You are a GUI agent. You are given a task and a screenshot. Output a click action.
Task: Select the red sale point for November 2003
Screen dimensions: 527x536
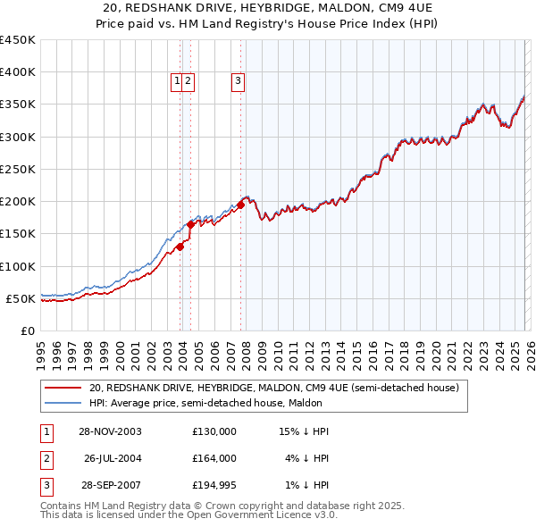click(x=180, y=247)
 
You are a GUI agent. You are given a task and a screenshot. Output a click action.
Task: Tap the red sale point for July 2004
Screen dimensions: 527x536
click(x=190, y=225)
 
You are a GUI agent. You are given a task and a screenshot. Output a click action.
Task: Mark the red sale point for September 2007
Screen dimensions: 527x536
click(x=241, y=205)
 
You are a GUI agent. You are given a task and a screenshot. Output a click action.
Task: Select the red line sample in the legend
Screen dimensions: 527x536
click(x=63, y=389)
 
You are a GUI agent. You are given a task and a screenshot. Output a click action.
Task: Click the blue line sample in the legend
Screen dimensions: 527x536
click(x=63, y=404)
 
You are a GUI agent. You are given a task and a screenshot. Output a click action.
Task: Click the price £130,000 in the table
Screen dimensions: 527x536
click(x=214, y=431)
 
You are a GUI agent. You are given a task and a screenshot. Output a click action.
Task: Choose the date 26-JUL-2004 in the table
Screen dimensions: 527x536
click(x=114, y=458)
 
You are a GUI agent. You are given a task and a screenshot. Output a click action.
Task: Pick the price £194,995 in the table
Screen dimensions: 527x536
click(x=214, y=485)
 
